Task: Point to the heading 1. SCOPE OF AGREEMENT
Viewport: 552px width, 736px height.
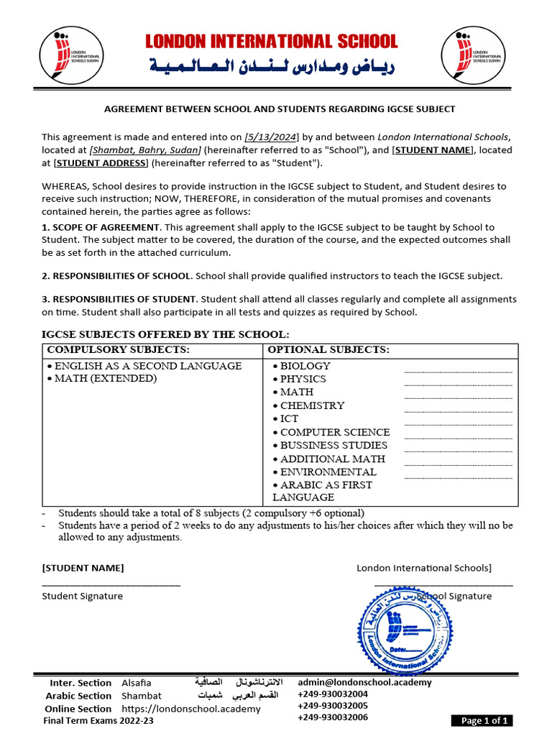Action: coord(101,227)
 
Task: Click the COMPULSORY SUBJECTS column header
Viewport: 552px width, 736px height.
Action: coord(119,350)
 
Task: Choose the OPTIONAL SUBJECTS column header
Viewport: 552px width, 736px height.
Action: coord(328,350)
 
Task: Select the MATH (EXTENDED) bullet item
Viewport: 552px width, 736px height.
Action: coord(104,379)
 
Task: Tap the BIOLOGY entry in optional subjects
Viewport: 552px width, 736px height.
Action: coord(305,366)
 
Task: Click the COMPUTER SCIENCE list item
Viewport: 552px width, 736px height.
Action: coord(334,432)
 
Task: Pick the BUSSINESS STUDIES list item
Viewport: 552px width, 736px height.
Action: coord(333,446)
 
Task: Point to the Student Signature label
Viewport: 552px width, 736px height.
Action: coord(83,596)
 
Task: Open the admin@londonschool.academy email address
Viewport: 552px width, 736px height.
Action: coord(364,682)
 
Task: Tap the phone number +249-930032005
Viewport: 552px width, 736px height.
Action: coord(333,706)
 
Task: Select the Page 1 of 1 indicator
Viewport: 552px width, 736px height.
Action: coord(482,721)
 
